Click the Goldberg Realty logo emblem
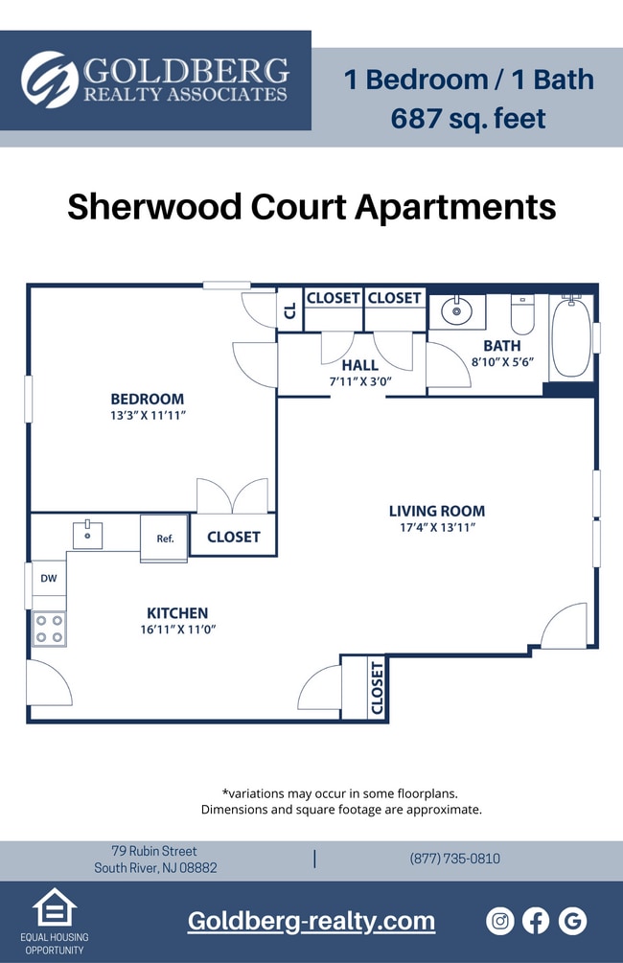(50, 80)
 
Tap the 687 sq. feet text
(468, 119)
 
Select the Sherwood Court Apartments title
(311, 207)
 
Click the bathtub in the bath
(571, 337)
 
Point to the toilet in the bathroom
(522, 313)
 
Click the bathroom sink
(456, 311)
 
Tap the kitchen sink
(87, 535)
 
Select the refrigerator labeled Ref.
(164, 539)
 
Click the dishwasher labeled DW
(48, 579)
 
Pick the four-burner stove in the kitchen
(49, 629)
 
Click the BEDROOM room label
(147, 400)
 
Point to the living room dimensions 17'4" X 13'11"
(437, 528)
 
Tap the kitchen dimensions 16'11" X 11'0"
(176, 631)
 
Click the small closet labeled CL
(289, 310)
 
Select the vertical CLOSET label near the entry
(377, 686)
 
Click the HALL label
(359, 365)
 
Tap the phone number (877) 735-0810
(454, 859)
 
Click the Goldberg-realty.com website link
(311, 921)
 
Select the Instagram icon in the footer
(500, 921)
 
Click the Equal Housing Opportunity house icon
(55, 907)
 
